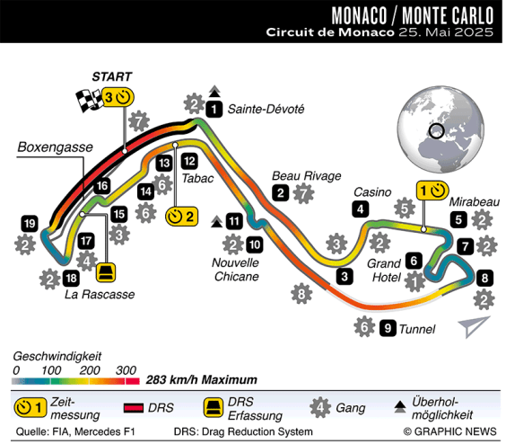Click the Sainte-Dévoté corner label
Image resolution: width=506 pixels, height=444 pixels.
coord(266,110)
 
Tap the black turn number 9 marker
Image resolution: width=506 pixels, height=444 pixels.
coord(388,328)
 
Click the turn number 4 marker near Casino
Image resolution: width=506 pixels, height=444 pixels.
coord(360,210)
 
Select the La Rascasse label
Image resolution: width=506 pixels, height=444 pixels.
coord(100,294)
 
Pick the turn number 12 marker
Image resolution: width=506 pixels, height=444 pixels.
coord(189,161)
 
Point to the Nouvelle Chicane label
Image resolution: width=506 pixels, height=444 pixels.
coord(235,270)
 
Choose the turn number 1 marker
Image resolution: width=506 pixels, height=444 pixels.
coord(214,110)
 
